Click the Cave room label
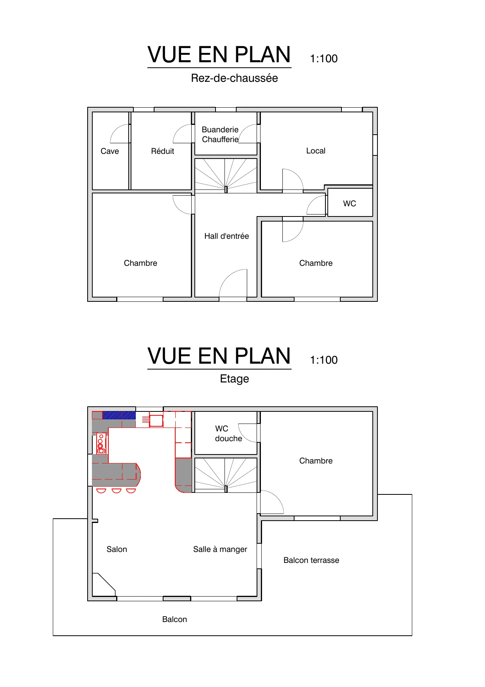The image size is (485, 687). pyautogui.click(x=110, y=151)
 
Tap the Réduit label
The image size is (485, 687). pyautogui.click(x=162, y=151)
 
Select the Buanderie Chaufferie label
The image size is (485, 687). pyautogui.click(x=220, y=134)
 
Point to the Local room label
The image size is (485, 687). pyautogui.click(x=316, y=151)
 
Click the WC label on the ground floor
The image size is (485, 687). pyautogui.click(x=349, y=204)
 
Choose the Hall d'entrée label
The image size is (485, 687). pyautogui.click(x=226, y=236)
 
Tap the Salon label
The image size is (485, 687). pyautogui.click(x=117, y=549)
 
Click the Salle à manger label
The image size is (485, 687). pyautogui.click(x=220, y=549)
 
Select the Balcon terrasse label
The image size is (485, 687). pyautogui.click(x=311, y=560)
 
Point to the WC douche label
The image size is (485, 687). pyautogui.click(x=228, y=434)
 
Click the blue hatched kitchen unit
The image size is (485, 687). pyautogui.click(x=119, y=415)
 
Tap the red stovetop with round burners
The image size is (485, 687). pyautogui.click(x=101, y=444)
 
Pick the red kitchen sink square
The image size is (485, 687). pyautogui.click(x=156, y=421)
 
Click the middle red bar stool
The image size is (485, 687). pyautogui.click(x=116, y=490)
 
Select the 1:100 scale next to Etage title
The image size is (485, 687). pyautogui.click(x=323, y=360)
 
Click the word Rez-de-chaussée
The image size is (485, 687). pyautogui.click(x=234, y=78)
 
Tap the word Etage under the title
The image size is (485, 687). pyautogui.click(x=234, y=379)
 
